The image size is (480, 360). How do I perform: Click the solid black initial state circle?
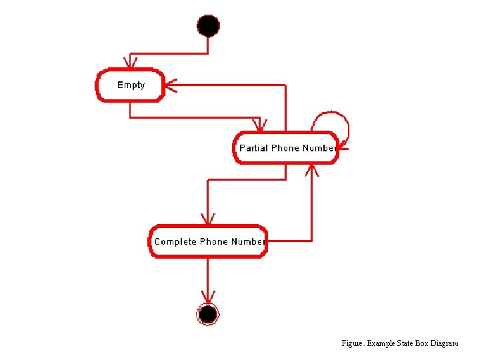(x=208, y=26)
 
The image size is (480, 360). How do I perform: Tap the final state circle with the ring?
(x=208, y=313)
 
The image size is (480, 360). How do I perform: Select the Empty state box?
(x=131, y=85)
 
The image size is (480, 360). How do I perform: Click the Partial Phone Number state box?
(x=285, y=148)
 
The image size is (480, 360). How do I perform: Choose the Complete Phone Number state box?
(x=208, y=241)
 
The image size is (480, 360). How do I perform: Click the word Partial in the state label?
(x=253, y=148)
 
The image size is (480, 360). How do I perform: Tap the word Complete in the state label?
(x=175, y=241)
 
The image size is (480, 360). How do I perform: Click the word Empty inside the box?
(x=131, y=85)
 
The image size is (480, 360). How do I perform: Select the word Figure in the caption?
(x=352, y=343)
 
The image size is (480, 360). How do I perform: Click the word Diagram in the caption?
(x=444, y=343)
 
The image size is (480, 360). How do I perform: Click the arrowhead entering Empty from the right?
(x=169, y=85)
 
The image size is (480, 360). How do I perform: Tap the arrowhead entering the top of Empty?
(x=131, y=63)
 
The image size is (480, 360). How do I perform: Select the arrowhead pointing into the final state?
(x=208, y=298)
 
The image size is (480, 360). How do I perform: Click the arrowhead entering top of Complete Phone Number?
(x=208, y=219)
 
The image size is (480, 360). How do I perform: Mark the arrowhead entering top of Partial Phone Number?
(x=260, y=126)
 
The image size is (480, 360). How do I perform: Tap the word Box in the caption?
(x=423, y=343)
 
